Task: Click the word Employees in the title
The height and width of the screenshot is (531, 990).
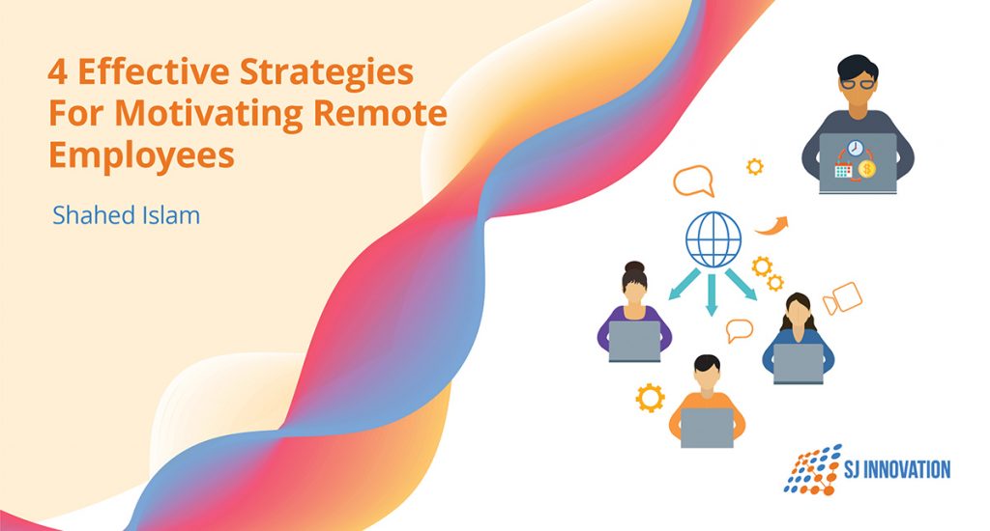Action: [142, 154]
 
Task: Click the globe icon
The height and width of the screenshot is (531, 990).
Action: [713, 239]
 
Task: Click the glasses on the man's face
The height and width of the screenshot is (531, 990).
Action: [857, 83]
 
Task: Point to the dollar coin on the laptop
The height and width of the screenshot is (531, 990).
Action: [867, 169]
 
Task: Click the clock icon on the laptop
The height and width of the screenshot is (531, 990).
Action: [856, 148]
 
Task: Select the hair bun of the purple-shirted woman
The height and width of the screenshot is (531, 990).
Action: [634, 267]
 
